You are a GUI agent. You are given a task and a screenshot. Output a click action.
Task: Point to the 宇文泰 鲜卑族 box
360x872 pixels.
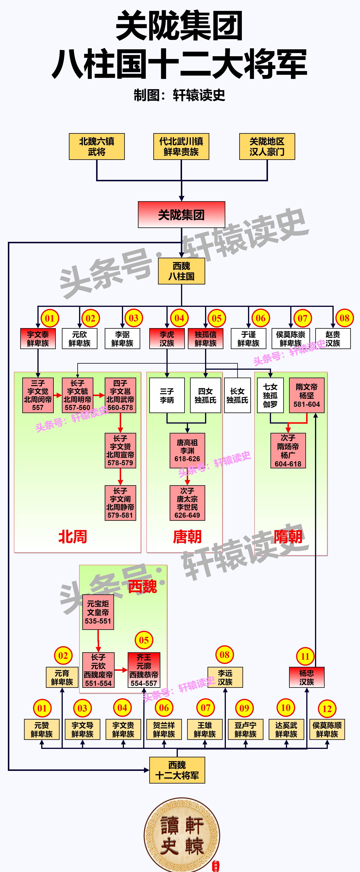[x=38, y=338]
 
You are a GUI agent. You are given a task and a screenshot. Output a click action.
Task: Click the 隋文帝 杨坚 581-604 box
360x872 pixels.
[x=307, y=395]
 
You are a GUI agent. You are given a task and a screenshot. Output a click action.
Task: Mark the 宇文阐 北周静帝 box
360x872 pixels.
[x=120, y=503]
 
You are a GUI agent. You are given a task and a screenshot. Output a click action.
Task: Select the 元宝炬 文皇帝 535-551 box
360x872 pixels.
[x=98, y=612]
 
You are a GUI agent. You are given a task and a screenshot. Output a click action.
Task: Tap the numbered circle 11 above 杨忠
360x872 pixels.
[x=305, y=657]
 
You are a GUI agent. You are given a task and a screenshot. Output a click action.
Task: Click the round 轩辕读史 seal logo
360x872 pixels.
[x=182, y=835]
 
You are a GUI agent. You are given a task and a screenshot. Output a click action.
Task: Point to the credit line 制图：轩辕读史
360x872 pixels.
[x=180, y=95]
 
